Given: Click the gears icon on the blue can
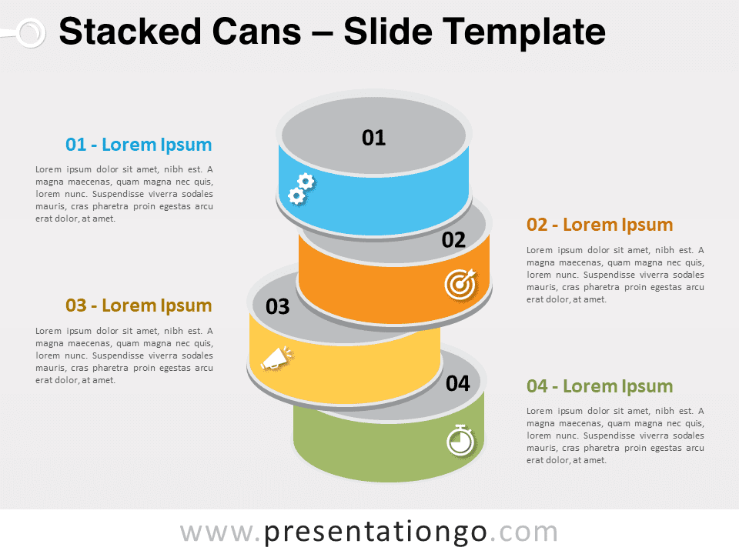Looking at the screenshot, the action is (301, 189).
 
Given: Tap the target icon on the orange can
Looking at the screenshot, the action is (460, 284).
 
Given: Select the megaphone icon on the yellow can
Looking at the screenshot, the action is (278, 358).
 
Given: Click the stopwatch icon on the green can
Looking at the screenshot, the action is (460, 440).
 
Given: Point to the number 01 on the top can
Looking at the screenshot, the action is (374, 138).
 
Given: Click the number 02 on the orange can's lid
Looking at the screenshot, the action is (453, 240).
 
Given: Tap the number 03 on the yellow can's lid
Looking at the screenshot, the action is (278, 307).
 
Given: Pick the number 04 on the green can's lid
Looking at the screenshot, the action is (457, 383).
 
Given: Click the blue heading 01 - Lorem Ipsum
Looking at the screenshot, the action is (139, 145).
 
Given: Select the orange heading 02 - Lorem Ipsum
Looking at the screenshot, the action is (600, 225).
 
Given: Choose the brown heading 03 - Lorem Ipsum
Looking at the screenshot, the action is (139, 305).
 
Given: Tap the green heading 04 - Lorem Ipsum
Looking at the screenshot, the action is (600, 386).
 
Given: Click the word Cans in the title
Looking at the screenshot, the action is (256, 32).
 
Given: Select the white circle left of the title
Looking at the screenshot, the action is (31, 33).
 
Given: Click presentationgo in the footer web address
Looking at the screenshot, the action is (375, 533).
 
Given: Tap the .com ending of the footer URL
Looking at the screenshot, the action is (524, 532).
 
